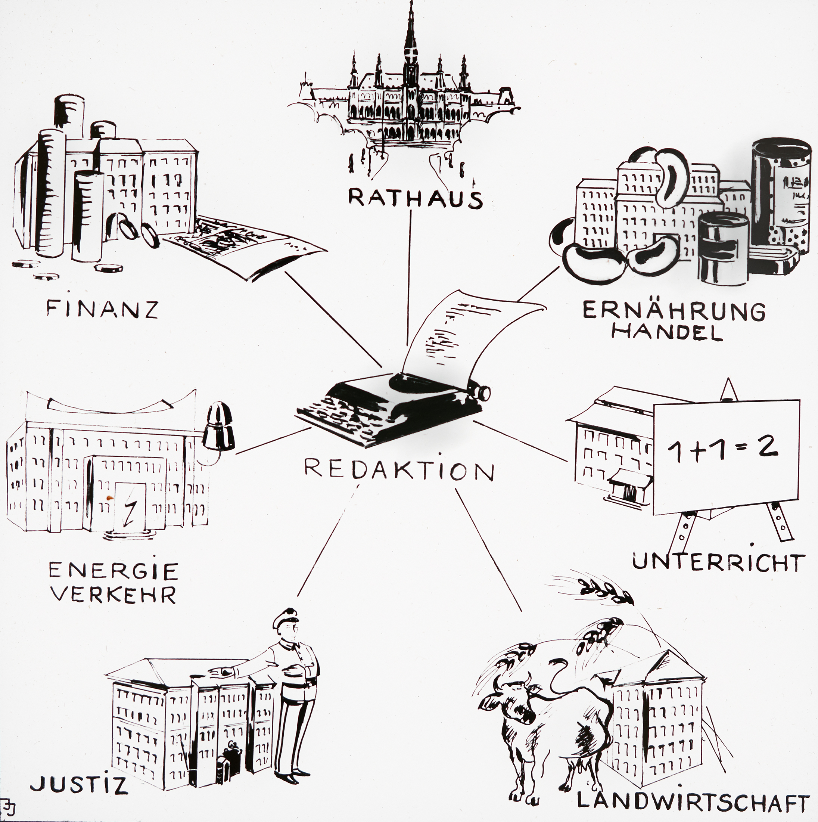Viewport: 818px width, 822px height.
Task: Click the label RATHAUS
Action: coord(415,198)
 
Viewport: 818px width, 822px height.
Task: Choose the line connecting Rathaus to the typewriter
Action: coord(410,277)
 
